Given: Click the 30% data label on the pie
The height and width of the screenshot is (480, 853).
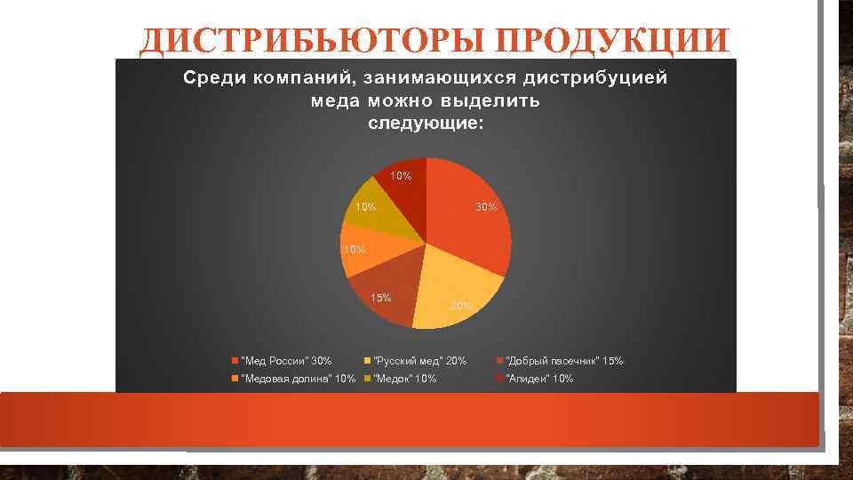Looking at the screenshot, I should pyautogui.click(x=486, y=207).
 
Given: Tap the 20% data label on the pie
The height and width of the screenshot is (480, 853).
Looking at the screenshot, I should pyautogui.click(x=460, y=306).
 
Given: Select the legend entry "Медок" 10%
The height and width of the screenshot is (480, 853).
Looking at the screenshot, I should pyautogui.click(x=405, y=379).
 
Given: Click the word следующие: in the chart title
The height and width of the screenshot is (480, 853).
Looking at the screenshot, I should pyautogui.click(x=426, y=124).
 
